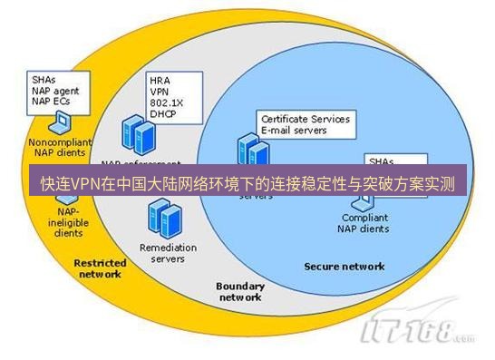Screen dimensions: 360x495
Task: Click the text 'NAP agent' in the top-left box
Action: click(x=54, y=90)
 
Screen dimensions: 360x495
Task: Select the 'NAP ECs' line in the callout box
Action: click(x=51, y=101)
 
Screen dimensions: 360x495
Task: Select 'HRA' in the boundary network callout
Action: click(x=159, y=80)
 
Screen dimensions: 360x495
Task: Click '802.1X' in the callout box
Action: click(x=165, y=102)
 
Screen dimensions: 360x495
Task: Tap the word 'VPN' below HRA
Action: click(x=160, y=91)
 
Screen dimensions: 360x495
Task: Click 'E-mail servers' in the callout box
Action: click(x=293, y=130)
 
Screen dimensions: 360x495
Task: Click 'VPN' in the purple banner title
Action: click(x=85, y=184)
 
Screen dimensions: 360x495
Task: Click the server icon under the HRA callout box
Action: click(x=141, y=136)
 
